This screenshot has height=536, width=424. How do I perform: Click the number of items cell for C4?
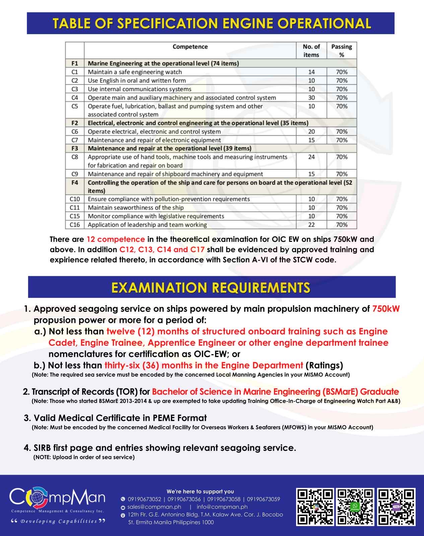point(311,97)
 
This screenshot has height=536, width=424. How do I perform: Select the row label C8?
point(75,157)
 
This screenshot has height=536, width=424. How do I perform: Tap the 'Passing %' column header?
point(342,51)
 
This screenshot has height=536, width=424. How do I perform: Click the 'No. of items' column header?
point(311,51)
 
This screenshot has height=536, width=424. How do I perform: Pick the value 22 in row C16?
point(311,225)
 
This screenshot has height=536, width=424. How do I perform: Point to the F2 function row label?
point(75,123)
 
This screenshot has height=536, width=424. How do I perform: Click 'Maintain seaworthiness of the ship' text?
point(136,208)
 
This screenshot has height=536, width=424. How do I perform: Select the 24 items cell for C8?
point(311,157)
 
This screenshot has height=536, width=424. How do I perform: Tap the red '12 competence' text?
point(116,239)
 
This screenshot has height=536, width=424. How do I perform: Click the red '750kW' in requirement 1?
point(386,309)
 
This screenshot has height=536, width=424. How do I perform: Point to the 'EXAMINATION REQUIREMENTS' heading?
point(211,288)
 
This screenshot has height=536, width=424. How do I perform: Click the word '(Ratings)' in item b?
point(324,365)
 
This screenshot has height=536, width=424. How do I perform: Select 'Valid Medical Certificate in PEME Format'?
point(120,418)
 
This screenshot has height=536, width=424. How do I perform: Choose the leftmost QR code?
point(315,507)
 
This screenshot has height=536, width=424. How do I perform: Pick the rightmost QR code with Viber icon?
point(396,507)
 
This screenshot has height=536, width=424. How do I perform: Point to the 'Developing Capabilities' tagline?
point(59,521)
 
